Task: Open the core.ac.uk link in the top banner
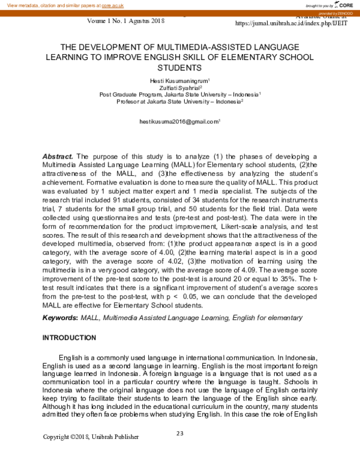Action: click(112, 5)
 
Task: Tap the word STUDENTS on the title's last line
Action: click(180, 68)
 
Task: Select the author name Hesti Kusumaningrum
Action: click(179, 80)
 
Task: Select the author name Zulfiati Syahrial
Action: click(179, 88)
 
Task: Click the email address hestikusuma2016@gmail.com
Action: click(179, 121)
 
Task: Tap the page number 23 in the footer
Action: click(179, 434)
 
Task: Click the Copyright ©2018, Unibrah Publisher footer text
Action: click(91, 437)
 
